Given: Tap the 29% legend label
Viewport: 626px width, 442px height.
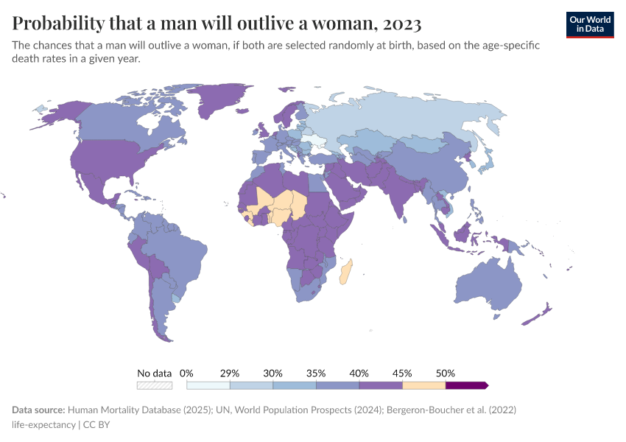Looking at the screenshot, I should [230, 373].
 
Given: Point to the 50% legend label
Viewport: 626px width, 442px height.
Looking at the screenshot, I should [446, 373].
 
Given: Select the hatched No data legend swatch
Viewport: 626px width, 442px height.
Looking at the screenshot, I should [155, 385].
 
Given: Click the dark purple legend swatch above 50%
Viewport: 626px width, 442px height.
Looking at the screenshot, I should [466, 385].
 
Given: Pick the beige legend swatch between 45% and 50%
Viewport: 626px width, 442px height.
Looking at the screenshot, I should [423, 385].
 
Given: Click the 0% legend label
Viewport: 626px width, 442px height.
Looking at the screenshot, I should [186, 373].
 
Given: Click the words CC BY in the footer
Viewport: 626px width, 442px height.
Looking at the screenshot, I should [97, 424].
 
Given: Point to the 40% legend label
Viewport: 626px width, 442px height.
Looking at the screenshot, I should [359, 373].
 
